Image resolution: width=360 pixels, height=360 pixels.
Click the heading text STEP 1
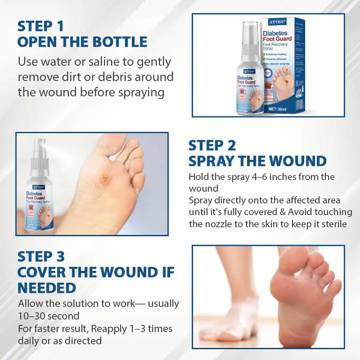pyautogui.click(x=40, y=25)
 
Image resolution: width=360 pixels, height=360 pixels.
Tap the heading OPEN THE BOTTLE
pyautogui.click(x=82, y=42)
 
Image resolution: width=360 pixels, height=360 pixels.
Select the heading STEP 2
pyautogui.click(x=212, y=145)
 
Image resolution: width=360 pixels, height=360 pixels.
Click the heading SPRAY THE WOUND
pyautogui.click(x=257, y=161)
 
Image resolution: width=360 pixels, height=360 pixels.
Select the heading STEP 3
pyautogui.click(x=41, y=256)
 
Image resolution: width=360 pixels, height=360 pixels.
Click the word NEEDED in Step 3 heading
pyautogui.click(x=47, y=287)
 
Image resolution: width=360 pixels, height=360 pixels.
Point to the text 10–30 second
pyautogui.click(x=49, y=316)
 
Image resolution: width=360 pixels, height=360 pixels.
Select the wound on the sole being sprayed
pyautogui.click(x=104, y=178)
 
